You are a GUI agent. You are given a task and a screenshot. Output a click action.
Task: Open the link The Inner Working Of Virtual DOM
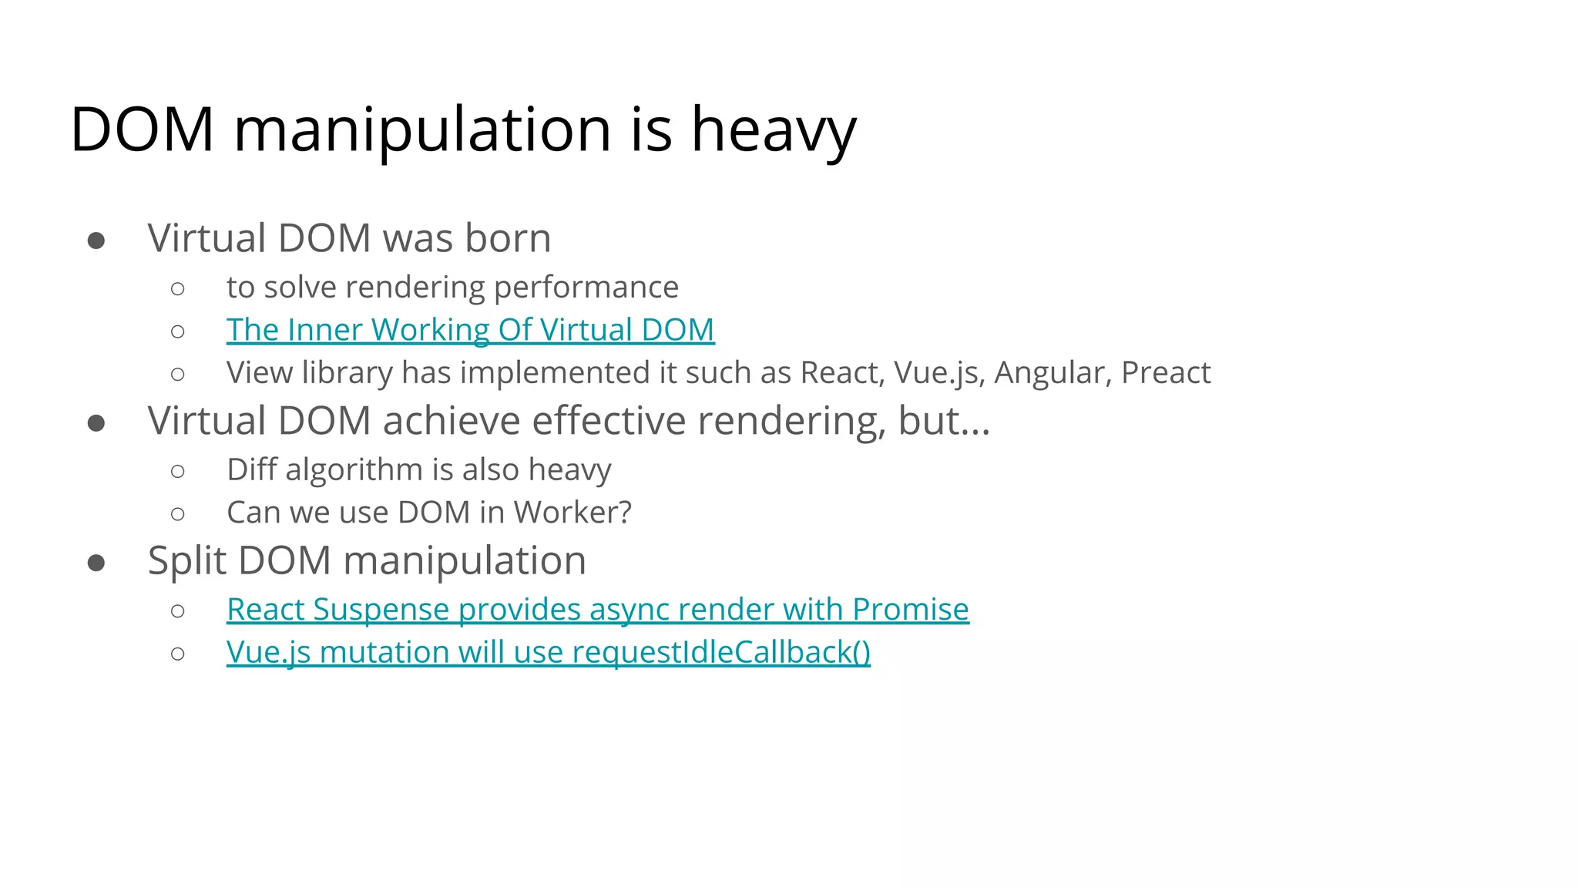(470, 330)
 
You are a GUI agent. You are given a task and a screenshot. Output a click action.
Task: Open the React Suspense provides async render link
(597, 609)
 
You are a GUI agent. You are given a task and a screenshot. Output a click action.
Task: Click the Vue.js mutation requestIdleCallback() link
(548, 652)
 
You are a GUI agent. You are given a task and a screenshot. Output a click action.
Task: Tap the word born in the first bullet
(508, 238)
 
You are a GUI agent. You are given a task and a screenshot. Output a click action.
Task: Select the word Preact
(1165, 373)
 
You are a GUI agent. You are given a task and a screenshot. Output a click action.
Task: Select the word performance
(586, 288)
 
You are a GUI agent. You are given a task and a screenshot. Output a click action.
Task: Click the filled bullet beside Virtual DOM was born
(96, 241)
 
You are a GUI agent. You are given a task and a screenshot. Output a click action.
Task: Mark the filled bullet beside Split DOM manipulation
(96, 563)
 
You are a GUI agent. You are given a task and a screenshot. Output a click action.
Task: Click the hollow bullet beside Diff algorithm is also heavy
(178, 471)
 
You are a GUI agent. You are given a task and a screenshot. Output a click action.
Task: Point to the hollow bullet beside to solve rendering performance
(178, 289)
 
